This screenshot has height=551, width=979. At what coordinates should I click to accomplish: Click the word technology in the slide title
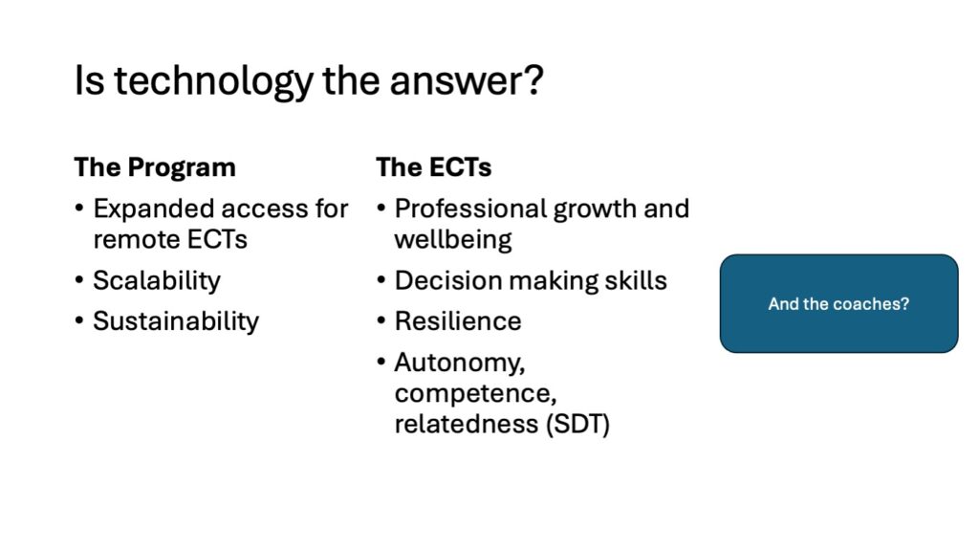tap(212, 82)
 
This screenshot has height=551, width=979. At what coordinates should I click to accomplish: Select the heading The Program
tap(155, 167)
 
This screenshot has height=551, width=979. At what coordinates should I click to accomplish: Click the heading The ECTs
tap(433, 167)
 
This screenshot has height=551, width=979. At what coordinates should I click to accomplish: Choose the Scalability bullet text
tap(157, 281)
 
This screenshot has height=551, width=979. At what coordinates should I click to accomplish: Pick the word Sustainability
tap(176, 321)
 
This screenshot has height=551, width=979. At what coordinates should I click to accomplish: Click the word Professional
tap(470, 209)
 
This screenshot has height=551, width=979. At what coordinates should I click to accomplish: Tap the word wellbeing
tap(453, 240)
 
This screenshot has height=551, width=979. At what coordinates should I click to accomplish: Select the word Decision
tap(448, 280)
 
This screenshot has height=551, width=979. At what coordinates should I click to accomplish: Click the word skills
tap(636, 280)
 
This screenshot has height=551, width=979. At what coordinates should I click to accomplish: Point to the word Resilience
tap(458, 321)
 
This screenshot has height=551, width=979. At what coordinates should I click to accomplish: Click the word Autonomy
tap(460, 363)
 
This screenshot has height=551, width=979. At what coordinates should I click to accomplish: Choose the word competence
tap(475, 393)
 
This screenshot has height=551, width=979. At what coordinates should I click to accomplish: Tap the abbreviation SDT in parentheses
tap(577, 424)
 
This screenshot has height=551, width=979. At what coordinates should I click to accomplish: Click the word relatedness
tap(467, 424)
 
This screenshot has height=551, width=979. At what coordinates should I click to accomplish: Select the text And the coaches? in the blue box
tap(838, 304)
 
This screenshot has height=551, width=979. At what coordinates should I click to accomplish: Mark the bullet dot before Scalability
tap(78, 280)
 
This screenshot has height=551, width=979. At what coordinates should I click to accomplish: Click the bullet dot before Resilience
tap(381, 321)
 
